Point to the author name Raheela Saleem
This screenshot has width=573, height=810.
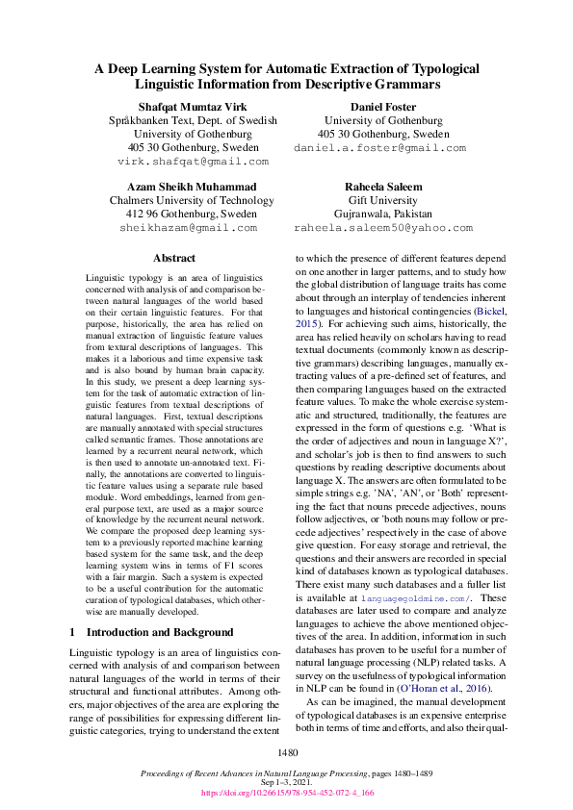(382, 186)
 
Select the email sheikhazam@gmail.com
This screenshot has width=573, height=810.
(188, 228)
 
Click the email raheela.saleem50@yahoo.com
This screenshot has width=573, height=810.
(382, 228)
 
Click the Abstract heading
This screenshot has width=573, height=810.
(174, 258)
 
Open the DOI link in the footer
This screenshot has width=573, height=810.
(286, 794)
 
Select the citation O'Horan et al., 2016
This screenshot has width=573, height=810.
(445, 689)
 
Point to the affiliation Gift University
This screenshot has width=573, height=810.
(382, 200)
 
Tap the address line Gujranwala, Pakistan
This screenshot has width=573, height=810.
(382, 214)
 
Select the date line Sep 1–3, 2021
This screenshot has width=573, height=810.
(286, 783)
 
